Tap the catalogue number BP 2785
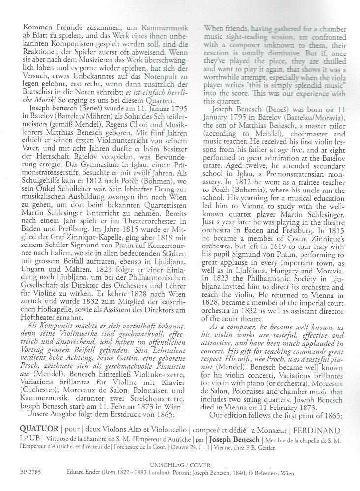coord(28,475)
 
